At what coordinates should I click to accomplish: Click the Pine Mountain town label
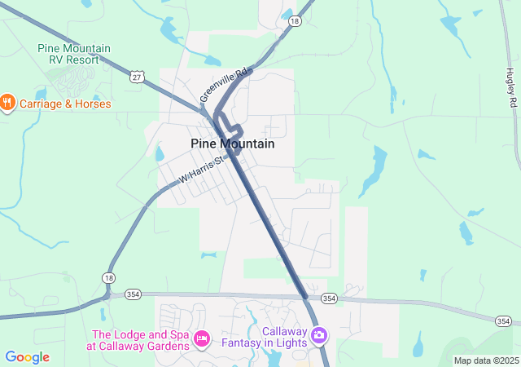pos(232,144)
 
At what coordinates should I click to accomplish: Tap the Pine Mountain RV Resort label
pos(74,54)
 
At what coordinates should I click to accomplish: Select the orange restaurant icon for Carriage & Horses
pos(8,103)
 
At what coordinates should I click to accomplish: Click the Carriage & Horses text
pos(64,104)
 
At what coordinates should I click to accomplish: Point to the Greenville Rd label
pos(222,86)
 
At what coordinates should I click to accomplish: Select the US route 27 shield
pos(136,76)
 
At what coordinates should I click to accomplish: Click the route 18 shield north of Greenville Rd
pos(294,22)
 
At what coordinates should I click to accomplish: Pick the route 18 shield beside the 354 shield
pos(109,278)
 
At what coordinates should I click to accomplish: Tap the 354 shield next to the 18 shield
pos(134,294)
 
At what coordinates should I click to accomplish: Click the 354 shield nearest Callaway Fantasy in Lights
pos(328,298)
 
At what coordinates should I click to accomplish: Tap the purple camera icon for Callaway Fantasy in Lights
pos(319,335)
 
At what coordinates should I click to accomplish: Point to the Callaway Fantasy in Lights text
pos(273,337)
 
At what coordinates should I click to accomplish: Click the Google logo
pos(27,357)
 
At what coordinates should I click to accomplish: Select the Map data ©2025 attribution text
pos(485,360)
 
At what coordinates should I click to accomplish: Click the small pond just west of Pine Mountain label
pos(160,153)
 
